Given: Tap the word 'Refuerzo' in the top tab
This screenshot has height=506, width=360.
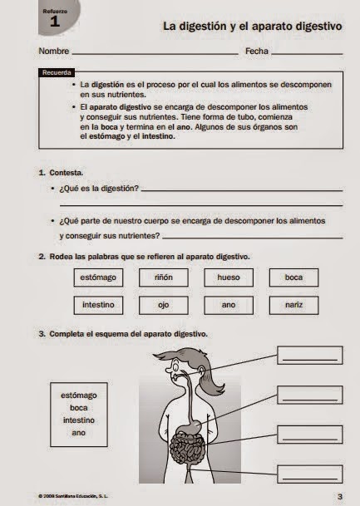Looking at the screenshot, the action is [55, 10].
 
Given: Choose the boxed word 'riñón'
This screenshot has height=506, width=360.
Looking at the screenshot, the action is [163, 277].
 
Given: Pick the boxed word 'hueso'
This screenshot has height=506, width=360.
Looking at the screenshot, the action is [228, 277].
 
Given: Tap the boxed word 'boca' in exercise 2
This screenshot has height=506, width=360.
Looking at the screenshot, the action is [293, 277].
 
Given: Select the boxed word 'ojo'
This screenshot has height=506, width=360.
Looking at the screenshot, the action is [163, 304].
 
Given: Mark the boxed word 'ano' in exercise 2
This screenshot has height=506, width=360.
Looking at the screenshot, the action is [228, 304].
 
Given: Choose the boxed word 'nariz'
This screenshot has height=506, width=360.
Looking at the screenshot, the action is [293, 304].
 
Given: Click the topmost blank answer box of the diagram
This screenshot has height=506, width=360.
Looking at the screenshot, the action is [310, 356].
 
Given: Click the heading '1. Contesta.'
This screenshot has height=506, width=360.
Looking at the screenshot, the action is [61, 173].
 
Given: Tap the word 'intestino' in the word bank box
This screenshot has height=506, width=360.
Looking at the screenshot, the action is [79, 420].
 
